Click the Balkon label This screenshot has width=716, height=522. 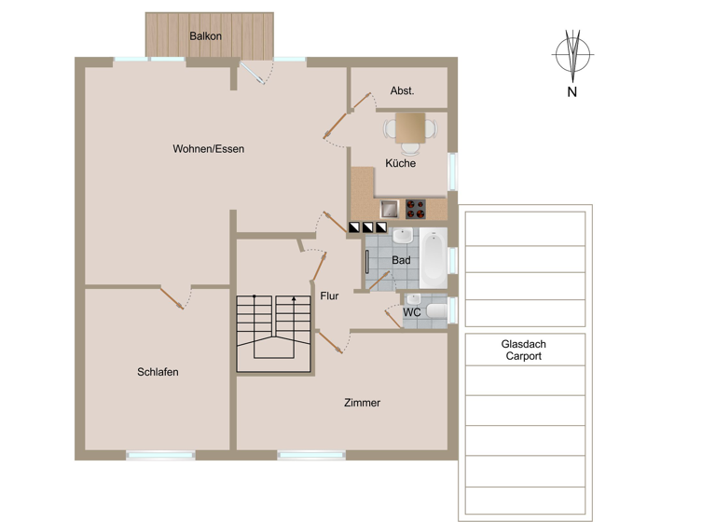click(205, 36)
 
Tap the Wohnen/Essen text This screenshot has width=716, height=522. click(208, 148)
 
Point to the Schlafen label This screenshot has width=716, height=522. click(158, 372)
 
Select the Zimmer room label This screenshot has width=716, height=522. click(362, 403)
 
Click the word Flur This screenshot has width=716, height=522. click(329, 296)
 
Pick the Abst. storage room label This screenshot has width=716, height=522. click(402, 91)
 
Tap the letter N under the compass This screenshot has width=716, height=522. click(572, 92)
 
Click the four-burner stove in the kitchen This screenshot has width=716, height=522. click(414, 208)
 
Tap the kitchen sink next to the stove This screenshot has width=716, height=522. click(389, 208)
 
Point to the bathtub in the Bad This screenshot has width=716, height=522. click(434, 259)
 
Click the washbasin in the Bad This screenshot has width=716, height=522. click(403, 236)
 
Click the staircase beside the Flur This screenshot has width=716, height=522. click(274, 334)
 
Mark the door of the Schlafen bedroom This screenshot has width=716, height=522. click(172, 296)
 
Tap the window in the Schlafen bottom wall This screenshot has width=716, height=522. click(160, 455)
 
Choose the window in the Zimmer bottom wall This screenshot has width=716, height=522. click(311, 455)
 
